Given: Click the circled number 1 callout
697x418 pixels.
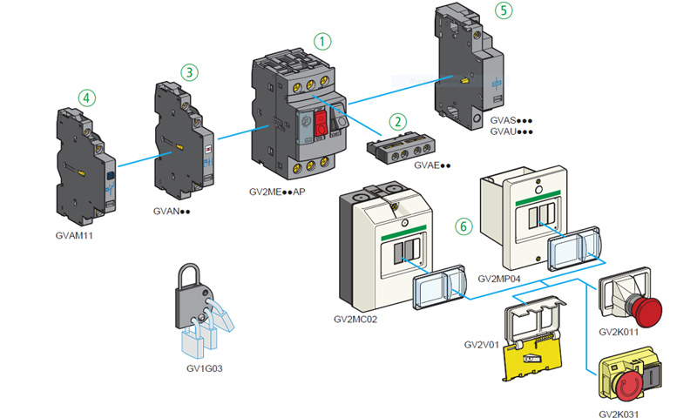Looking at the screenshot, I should pyautogui.click(x=323, y=40).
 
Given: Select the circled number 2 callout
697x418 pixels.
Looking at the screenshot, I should pyautogui.click(x=397, y=121).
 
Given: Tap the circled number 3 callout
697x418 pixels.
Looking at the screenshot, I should pyautogui.click(x=190, y=71).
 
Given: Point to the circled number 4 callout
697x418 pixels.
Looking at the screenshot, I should pyautogui.click(x=85, y=97).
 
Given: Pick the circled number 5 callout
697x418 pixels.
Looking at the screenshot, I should pyautogui.click(x=503, y=10).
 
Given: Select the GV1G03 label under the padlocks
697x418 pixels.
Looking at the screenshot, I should pyautogui.click(x=205, y=368).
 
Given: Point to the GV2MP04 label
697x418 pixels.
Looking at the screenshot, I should pyautogui.click(x=501, y=279).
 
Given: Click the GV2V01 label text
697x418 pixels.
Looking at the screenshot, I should pyautogui.click(x=481, y=344).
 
